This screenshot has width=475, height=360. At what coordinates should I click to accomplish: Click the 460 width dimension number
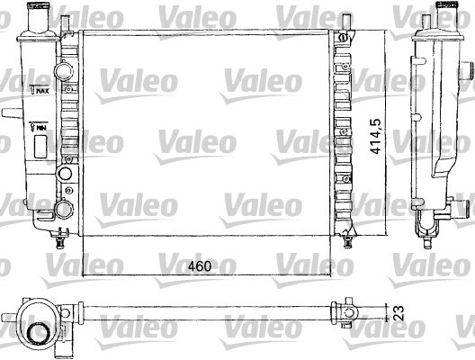[200, 266]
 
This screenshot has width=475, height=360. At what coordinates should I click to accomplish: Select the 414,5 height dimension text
[376, 137]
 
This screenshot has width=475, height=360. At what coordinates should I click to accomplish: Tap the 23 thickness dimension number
[399, 313]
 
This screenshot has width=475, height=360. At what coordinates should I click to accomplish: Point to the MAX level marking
[40, 89]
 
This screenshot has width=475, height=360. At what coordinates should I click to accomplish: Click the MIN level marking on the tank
[38, 127]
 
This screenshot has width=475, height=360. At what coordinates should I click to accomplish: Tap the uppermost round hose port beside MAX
[64, 70]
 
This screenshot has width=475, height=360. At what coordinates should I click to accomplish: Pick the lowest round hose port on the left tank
[64, 209]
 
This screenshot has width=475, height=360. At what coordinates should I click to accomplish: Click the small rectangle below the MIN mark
[40, 147]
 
